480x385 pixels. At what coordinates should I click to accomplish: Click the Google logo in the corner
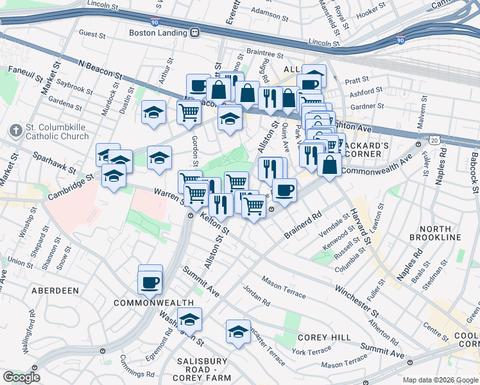coord(21,377)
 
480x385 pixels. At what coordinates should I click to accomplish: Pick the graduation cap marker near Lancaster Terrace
coord(238,332)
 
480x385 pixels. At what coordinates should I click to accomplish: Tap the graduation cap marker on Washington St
coord(189,319)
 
